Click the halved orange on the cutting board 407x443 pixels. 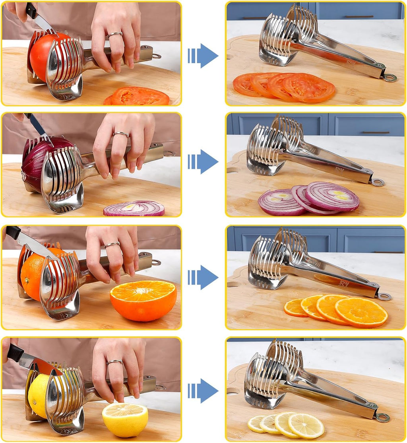(143, 300)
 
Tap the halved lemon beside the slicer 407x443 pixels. (125, 420)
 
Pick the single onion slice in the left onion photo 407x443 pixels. (134, 208)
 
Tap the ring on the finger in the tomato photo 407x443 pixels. (115, 35)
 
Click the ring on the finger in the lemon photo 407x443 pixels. (114, 362)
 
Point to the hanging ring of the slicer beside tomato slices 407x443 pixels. (390, 78)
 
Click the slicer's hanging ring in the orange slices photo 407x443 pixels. (384, 296)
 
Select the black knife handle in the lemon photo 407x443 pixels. (15, 352)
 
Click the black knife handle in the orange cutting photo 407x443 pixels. (13, 233)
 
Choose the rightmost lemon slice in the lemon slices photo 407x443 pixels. (306, 426)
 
